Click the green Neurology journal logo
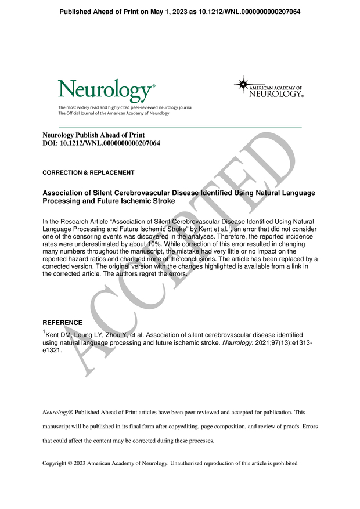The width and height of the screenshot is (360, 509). [106, 91]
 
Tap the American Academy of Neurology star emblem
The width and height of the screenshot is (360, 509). [242, 84]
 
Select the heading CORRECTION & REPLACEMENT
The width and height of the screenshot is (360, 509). [88, 172]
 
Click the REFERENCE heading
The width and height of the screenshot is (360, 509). [63, 323]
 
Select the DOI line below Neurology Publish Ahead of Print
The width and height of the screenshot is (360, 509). [101, 143]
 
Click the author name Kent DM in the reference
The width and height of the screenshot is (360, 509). [58, 335]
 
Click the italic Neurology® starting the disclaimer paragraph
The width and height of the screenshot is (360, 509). [61, 412]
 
